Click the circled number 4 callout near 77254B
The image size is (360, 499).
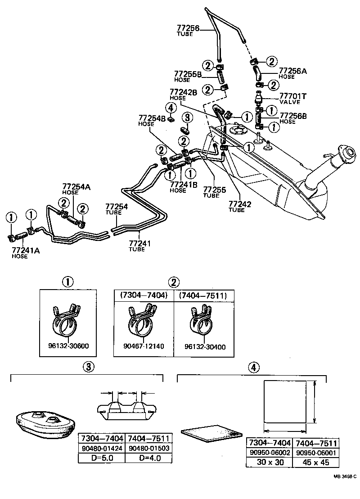click(x=170, y=108)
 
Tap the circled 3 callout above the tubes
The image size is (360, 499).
click(x=188, y=118)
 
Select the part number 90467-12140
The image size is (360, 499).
click(x=144, y=347)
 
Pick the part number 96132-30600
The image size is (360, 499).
click(x=68, y=347)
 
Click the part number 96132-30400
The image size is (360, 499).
click(x=205, y=347)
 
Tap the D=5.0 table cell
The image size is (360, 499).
click(x=102, y=458)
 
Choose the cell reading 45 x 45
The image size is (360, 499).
click(x=315, y=462)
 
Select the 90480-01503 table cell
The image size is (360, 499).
click(x=148, y=449)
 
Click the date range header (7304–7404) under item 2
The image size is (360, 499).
click(x=143, y=295)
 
